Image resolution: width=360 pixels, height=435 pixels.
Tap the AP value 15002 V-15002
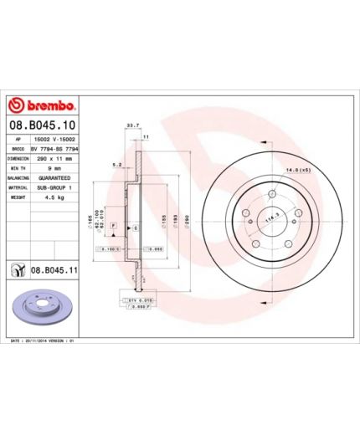point(54,139)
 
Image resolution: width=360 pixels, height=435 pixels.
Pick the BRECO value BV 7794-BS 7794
point(56,148)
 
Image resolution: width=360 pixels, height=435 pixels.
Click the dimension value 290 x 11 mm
point(52,158)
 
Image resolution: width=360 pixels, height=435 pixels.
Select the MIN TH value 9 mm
point(44,168)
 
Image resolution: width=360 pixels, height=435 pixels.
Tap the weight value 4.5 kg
point(46,198)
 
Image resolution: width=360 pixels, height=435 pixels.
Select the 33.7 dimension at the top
point(131,125)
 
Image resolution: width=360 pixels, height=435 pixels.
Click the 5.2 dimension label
point(116,165)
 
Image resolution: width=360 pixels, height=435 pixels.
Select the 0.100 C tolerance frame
point(111,249)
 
